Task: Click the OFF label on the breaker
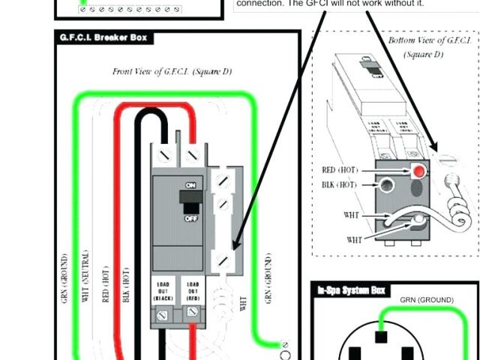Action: (190, 217)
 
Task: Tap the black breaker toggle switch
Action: (187, 201)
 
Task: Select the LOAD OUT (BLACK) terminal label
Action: (164, 291)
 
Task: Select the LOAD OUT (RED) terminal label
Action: (191, 291)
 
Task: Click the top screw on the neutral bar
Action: (222, 180)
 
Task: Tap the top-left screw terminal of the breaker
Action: (163, 155)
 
